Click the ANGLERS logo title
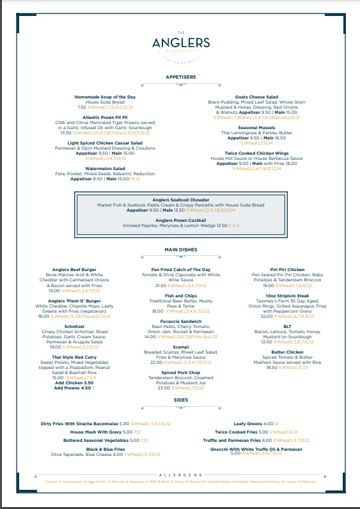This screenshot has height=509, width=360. coord(180,43)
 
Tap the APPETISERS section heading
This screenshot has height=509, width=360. coord(180,77)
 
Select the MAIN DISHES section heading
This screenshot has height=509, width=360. coord(180,249)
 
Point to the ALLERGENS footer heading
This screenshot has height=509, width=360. coord(180,475)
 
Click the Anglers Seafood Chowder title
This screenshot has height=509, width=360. coord(180,200)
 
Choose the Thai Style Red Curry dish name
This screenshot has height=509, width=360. coord(74,356)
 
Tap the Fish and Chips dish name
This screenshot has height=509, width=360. coord(180,295)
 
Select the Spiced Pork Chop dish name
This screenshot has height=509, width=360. coord(180,372)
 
